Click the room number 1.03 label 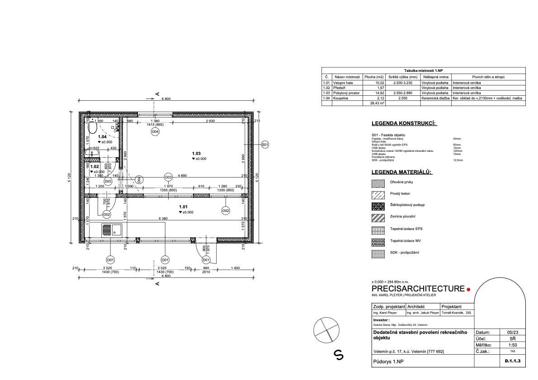point(196,154)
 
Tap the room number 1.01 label point(183,206)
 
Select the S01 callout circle point(265,145)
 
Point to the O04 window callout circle point(155,132)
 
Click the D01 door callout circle point(206,260)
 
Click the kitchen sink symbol point(111,230)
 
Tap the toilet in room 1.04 point(93,129)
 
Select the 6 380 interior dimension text point(163,219)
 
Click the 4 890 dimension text point(183,175)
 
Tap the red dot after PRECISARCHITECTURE point(468,289)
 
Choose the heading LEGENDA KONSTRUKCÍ point(404,123)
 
